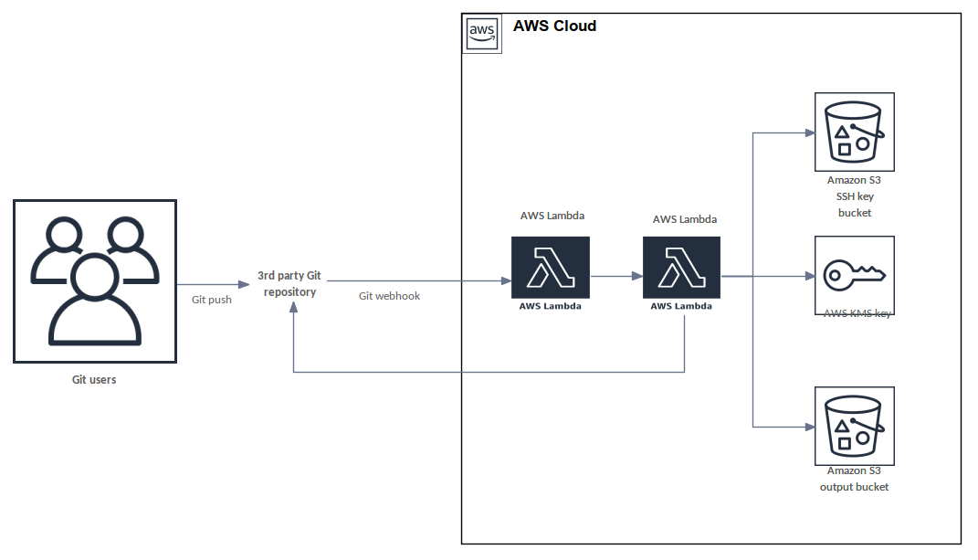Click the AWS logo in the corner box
tap(481, 34)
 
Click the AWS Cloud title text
tap(554, 26)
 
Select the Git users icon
tap(95, 280)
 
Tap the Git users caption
tap(94, 379)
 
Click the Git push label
tap(211, 299)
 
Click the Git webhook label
tap(389, 296)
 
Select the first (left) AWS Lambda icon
tap(550, 268)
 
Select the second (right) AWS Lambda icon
tap(681, 268)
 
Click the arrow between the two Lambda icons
tap(616, 275)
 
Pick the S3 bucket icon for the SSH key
tap(854, 132)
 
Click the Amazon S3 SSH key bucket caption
tap(854, 196)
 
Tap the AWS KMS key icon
tap(854, 274)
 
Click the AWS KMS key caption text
tap(857, 313)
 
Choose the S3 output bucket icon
tap(854, 426)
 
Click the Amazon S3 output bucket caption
tap(854, 479)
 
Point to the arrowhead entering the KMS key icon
tap(808, 275)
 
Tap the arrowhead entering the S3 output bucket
tap(808, 427)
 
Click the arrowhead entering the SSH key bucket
tap(808, 132)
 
